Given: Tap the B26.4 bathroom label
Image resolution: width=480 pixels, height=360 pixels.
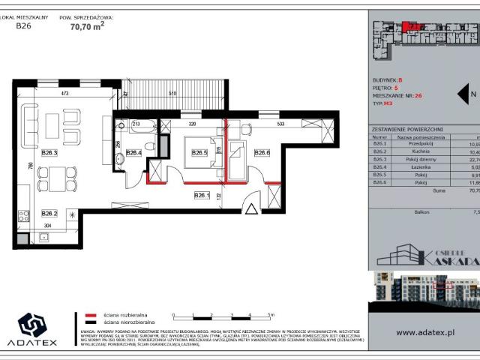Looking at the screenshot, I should tap(134, 153).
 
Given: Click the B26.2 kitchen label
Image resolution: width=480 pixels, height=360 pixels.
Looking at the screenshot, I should tap(50, 212).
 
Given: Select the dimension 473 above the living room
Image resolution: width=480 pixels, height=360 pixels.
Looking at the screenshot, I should tap(64, 94).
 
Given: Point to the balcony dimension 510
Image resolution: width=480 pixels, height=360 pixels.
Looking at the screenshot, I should tap(172, 94).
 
